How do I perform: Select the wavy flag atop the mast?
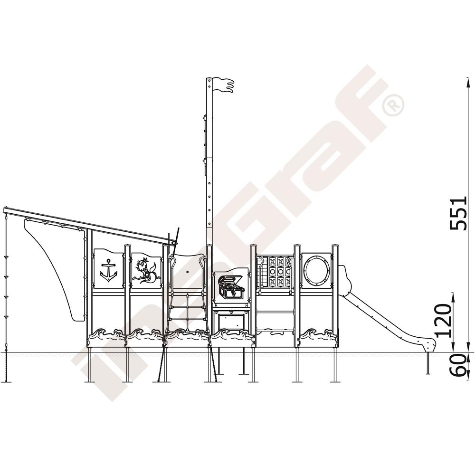click(224, 85)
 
